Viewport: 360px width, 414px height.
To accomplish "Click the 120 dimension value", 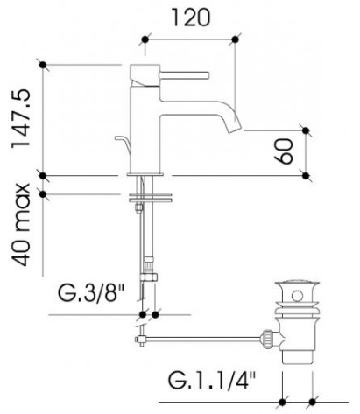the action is coord(190,18).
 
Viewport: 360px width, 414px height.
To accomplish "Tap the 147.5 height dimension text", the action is coord(21,119).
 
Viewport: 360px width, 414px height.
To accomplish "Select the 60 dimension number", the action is coord(284,151).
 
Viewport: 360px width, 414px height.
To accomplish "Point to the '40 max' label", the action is coord(21,225).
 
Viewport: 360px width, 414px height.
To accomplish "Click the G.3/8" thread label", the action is coord(91,292).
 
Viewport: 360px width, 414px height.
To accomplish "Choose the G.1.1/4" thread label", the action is coord(212,380).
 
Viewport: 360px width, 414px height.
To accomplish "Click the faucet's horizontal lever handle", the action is coord(185,74).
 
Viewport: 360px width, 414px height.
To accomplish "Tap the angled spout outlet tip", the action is coord(234,127).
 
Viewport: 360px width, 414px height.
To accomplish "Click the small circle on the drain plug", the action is coord(297,296).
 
